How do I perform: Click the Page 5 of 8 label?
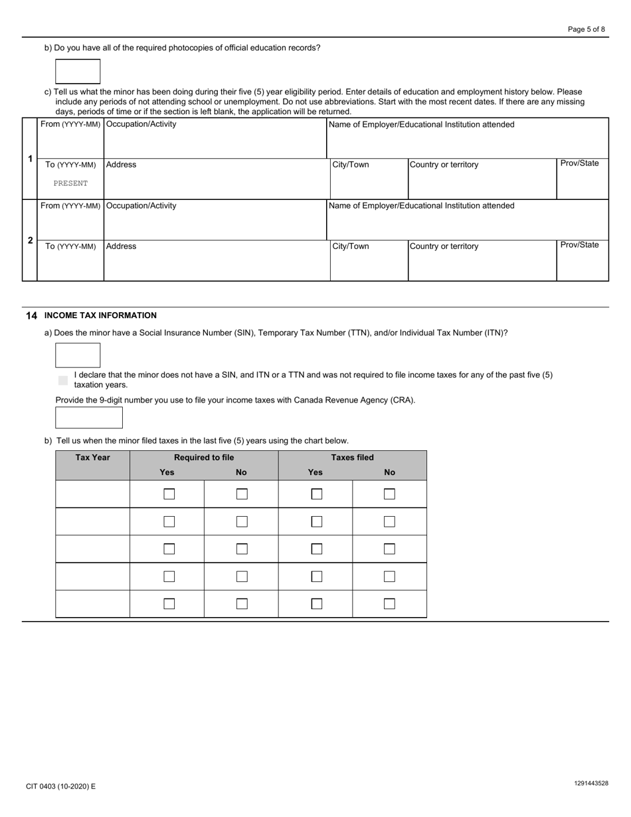point(586,29)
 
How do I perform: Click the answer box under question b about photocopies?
point(78,72)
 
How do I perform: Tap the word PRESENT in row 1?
point(70,183)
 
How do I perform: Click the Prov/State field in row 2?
point(582,264)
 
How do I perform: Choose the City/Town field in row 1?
point(369,183)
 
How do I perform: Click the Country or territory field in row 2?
point(482,264)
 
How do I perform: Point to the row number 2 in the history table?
point(30,240)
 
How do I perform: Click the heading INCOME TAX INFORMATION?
point(100,316)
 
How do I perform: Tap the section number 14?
point(31,316)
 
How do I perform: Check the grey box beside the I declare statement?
point(63,381)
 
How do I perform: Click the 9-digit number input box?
point(89,418)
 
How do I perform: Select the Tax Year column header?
point(93,458)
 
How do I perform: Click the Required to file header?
point(204,458)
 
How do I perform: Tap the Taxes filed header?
point(352,458)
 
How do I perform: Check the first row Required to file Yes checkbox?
point(169,494)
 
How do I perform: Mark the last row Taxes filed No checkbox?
point(389,604)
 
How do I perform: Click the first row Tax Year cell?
point(93,494)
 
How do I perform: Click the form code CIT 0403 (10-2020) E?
point(61,786)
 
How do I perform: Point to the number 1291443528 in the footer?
point(590,784)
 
